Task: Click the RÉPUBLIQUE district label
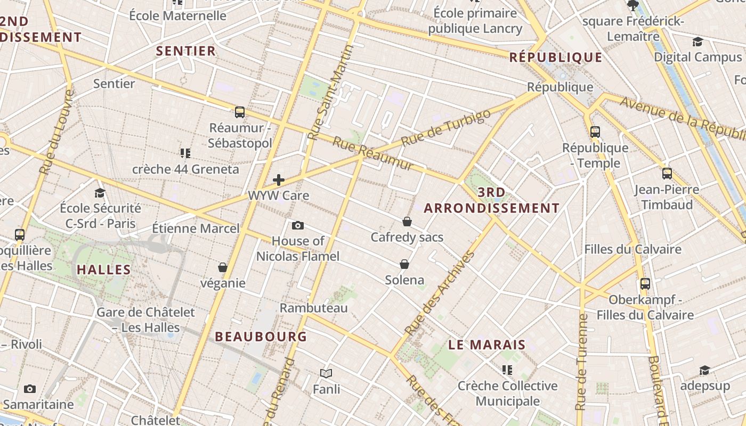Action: click(x=556, y=58)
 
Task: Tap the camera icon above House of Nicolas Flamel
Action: click(x=298, y=225)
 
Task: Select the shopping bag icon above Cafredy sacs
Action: click(x=407, y=222)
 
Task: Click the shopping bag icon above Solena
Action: click(x=404, y=264)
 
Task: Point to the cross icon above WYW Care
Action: click(x=278, y=180)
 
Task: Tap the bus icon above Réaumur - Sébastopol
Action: click(x=240, y=112)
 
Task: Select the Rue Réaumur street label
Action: click(x=373, y=154)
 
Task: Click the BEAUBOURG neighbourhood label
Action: click(x=261, y=337)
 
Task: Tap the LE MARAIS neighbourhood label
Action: click(x=487, y=345)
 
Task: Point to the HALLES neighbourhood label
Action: click(x=104, y=269)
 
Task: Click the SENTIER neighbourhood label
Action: click(x=186, y=51)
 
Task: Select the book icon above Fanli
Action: click(x=326, y=374)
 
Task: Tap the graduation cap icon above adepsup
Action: click(x=704, y=370)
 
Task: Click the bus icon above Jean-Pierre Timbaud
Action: click(x=667, y=174)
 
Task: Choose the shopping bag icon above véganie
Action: click(x=223, y=267)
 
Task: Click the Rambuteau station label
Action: click(x=313, y=308)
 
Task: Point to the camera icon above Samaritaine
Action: click(x=30, y=389)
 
